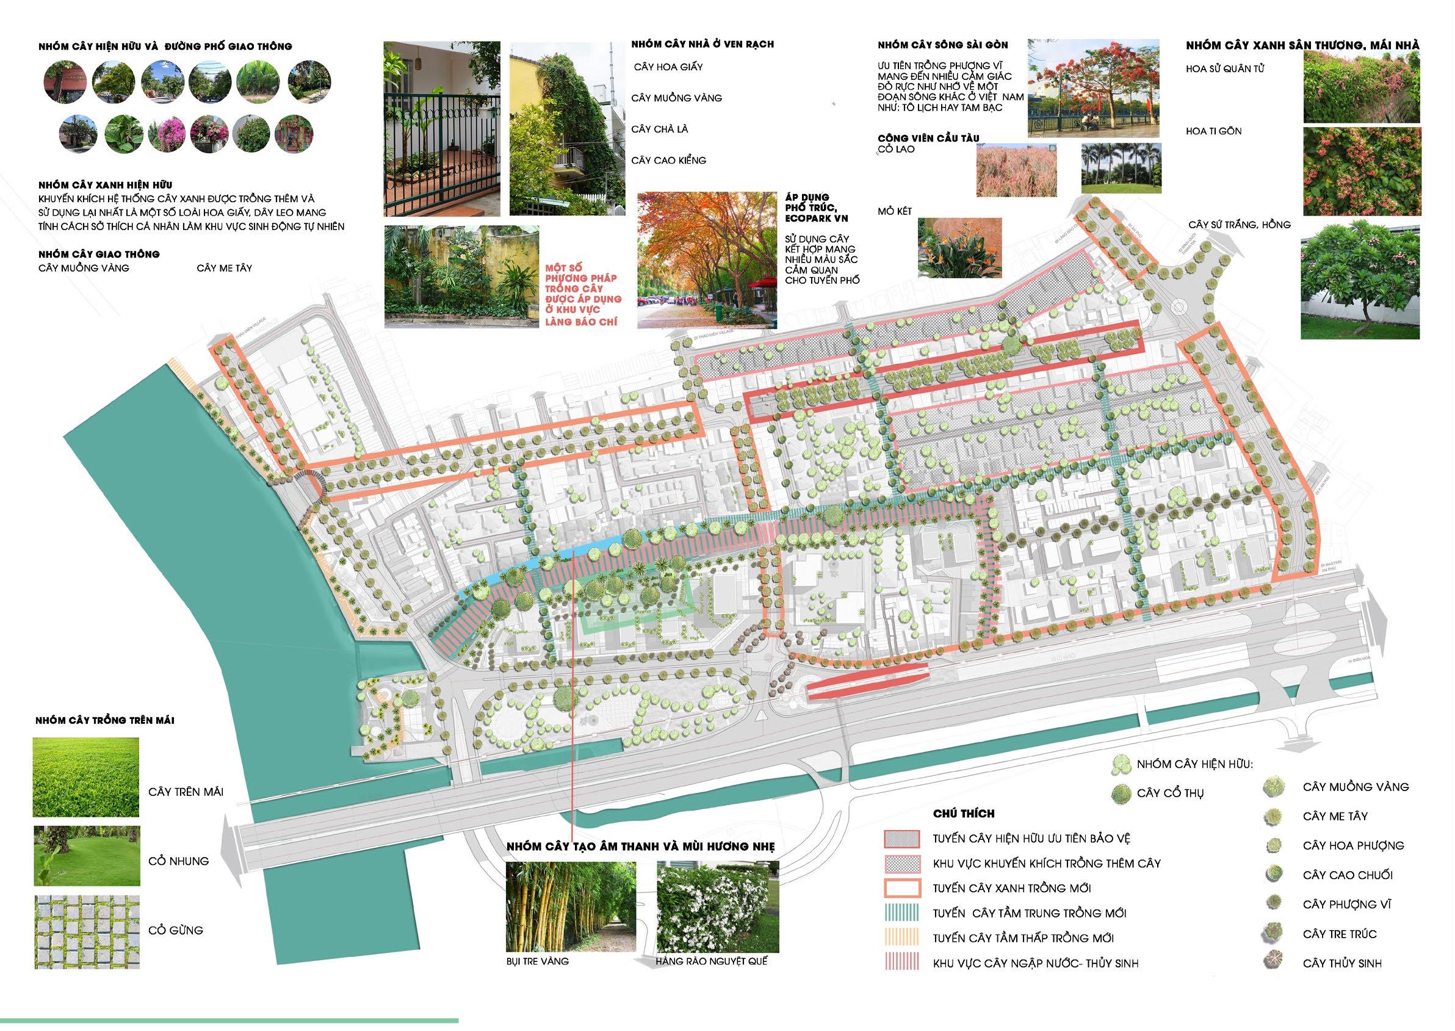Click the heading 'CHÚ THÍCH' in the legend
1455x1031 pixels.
[964, 814]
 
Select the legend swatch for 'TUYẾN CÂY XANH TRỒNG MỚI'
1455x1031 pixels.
[901, 888]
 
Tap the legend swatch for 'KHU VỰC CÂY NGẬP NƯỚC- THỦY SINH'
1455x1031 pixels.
[901, 963]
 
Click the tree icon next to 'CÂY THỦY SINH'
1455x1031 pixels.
[1272, 963]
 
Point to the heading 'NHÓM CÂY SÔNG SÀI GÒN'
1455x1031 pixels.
[943, 46]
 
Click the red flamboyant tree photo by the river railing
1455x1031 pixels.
[1093, 88]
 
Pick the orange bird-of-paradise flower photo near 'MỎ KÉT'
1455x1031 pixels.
[960, 248]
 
